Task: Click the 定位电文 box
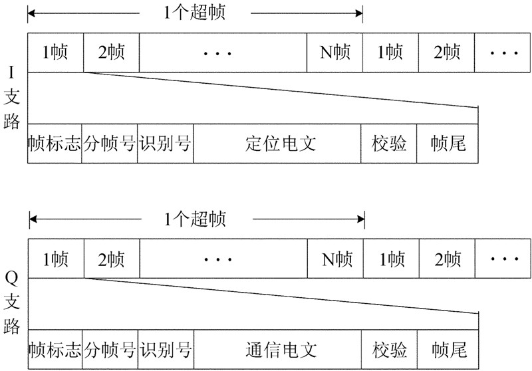[x=277, y=143]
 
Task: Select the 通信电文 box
[x=277, y=349]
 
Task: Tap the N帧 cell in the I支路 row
[x=334, y=51]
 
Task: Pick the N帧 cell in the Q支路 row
[x=334, y=257]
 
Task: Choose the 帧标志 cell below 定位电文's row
[x=55, y=143]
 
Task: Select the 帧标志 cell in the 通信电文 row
[x=55, y=349]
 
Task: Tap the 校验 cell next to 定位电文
[x=390, y=143]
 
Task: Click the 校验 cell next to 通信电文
[x=390, y=349]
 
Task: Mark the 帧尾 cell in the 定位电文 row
[x=448, y=143]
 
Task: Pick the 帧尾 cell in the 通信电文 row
[x=448, y=349]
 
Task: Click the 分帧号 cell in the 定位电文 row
[x=110, y=143]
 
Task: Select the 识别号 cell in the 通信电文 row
[x=166, y=349]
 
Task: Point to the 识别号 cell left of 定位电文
[x=166, y=143]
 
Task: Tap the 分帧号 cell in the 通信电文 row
[x=110, y=349]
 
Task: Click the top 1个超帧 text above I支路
[x=196, y=13]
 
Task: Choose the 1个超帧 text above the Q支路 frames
[x=196, y=219]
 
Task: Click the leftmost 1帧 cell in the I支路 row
[x=55, y=51]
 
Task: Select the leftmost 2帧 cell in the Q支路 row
[x=111, y=257]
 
